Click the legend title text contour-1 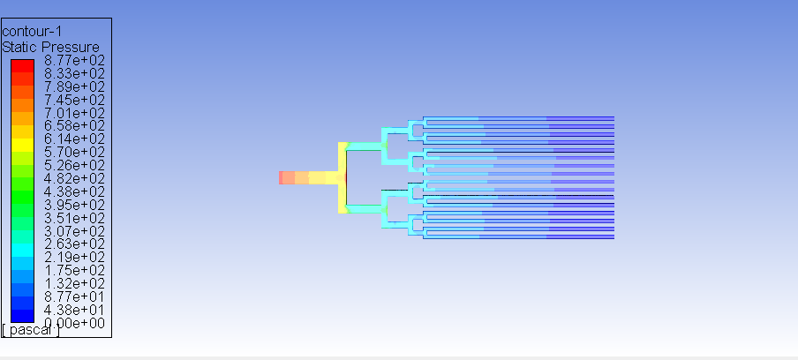(x=32, y=32)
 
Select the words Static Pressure (x=51, y=48)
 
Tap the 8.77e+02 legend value (x=74, y=61)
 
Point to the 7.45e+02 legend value (x=74, y=100)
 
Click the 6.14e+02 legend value (x=74, y=139)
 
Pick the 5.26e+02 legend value (x=74, y=165)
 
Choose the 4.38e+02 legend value (x=74, y=191)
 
